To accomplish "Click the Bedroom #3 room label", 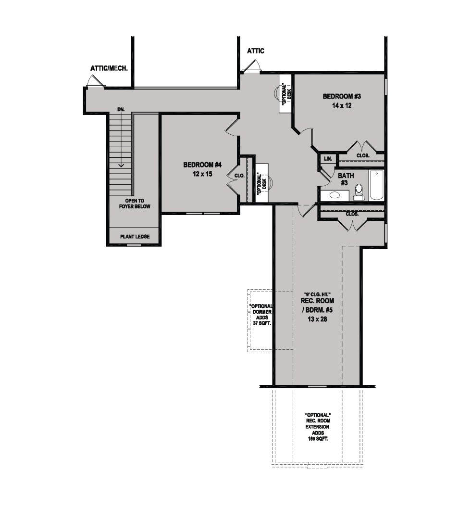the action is click(342, 96).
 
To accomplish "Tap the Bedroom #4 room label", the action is click(202, 165).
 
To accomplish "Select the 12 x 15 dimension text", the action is click(202, 174).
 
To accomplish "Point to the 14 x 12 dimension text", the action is click(342, 106).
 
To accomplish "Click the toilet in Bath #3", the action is click(359, 192).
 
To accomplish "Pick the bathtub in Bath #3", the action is click(376, 185).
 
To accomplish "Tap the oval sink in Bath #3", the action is click(335, 195).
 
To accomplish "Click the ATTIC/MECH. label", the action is click(109, 68).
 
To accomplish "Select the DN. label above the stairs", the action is click(121, 110).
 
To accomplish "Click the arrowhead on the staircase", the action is click(121, 166).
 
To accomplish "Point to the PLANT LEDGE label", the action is click(135, 236).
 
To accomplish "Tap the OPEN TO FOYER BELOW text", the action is click(135, 204).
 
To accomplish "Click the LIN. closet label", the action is click(328, 159).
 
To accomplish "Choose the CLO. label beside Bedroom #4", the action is click(239, 176).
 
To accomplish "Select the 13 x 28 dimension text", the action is click(317, 319).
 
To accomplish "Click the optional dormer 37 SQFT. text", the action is click(262, 323).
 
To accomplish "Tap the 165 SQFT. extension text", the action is click(318, 439).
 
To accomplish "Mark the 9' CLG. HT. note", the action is click(317, 294).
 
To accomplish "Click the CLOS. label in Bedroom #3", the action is click(363, 155).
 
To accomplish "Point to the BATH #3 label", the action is click(346, 179).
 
